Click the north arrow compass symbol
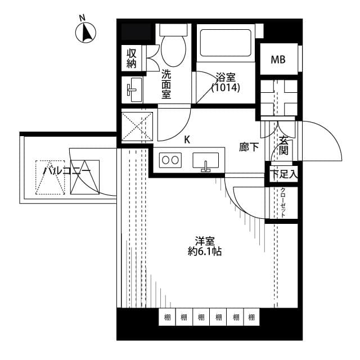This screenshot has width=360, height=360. (87, 33)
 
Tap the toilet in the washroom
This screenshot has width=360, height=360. (173, 44)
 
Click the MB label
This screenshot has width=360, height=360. (277, 60)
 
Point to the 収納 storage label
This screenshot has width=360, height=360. (132, 58)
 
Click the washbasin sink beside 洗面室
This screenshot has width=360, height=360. (133, 90)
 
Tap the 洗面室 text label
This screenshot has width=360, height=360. (166, 84)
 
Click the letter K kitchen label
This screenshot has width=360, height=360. (187, 139)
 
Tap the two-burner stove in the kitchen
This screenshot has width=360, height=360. (170, 160)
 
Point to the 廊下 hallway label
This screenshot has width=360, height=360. (249, 147)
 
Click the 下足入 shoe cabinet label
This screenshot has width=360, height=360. (282, 174)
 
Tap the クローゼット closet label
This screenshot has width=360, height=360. (283, 202)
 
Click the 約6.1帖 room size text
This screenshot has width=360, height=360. (205, 251)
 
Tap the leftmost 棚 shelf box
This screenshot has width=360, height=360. (167, 318)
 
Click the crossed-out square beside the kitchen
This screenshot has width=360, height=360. (138, 126)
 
